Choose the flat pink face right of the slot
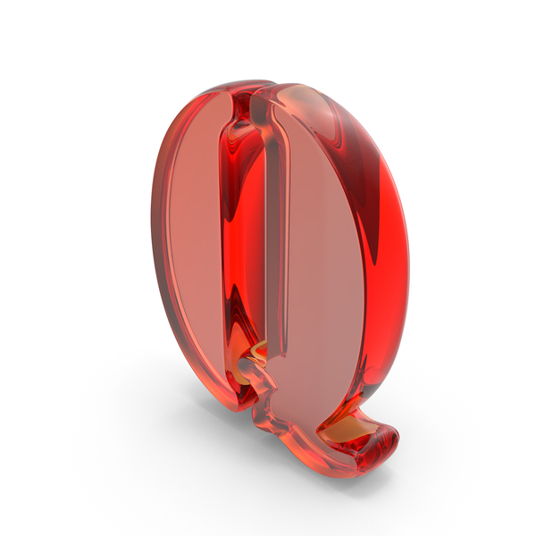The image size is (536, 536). point(322,268)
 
